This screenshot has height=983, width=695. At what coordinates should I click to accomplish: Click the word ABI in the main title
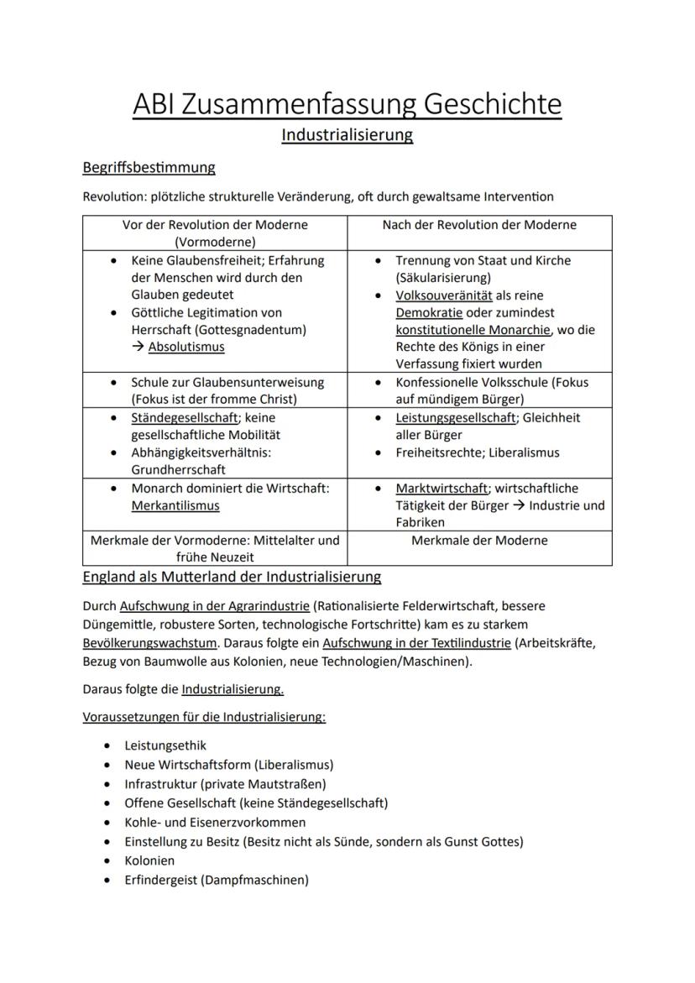point(155,105)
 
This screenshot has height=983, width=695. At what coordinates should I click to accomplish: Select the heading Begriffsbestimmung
point(149,167)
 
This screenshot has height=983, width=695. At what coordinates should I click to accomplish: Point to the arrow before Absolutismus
point(138,347)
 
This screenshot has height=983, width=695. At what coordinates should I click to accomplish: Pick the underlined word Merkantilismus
point(175,505)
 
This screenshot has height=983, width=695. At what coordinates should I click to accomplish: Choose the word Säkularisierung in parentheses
point(443,278)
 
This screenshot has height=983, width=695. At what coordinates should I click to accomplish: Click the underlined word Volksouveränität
point(444,295)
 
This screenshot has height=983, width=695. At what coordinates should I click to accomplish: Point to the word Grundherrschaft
point(178,470)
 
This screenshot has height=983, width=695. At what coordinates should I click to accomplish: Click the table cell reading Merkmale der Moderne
point(479,541)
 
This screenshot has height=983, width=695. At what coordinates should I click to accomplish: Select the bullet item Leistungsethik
point(165,745)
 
